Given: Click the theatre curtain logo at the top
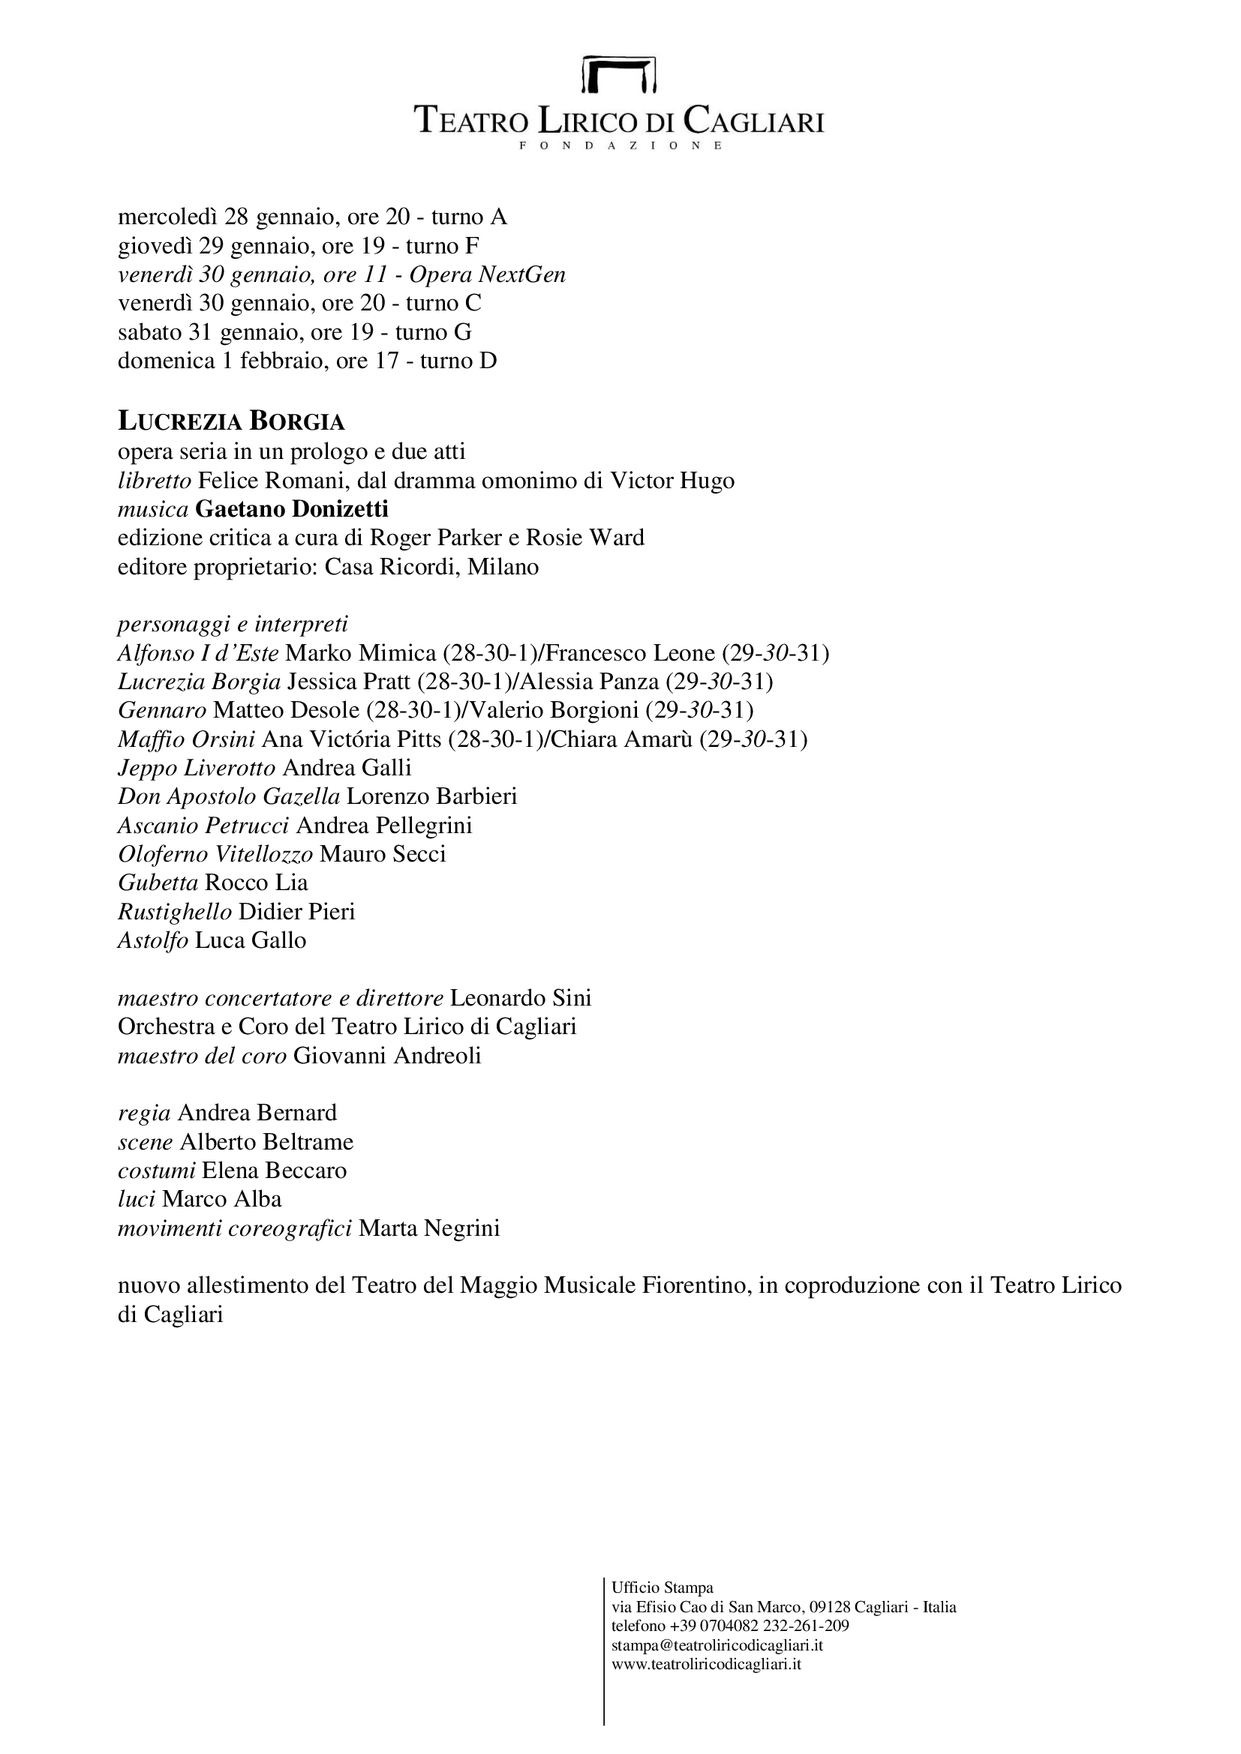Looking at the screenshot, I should [619, 73].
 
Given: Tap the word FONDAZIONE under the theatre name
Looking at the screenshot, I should [620, 145].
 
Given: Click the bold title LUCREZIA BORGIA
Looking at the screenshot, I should [231, 421].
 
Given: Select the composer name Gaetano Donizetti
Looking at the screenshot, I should [292, 508].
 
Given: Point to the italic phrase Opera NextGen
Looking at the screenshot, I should [488, 274].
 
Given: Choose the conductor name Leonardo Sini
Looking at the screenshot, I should [521, 997].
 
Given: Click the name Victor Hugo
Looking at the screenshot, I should [672, 481].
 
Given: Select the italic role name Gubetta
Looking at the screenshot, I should [158, 883].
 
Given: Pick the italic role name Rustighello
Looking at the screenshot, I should [174, 911].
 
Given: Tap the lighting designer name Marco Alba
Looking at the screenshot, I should [221, 1198].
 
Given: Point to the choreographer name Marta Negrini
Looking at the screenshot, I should [428, 1228].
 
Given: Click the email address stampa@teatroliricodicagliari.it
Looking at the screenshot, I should [717, 1645].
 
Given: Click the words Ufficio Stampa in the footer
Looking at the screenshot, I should [662, 1588].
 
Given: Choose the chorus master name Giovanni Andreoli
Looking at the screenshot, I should [387, 1056].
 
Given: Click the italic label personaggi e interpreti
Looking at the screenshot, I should [233, 624].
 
